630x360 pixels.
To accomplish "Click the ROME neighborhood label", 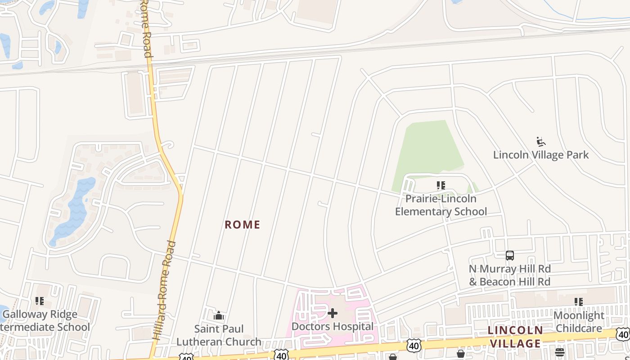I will click(243, 225).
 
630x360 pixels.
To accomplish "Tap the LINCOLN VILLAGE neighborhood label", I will click(515, 337).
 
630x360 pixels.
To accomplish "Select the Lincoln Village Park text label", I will click(541, 155).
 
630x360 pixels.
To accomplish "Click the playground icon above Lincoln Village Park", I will click(541, 142).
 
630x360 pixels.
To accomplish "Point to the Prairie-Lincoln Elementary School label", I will click(441, 205).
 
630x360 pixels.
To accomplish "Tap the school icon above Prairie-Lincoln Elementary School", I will click(441, 185).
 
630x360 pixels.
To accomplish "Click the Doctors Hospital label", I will click(333, 326).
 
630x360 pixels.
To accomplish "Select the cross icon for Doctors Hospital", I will click(333, 313).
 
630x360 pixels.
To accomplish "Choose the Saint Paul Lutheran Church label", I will click(219, 335).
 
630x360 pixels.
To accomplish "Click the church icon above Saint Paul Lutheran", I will click(219, 315).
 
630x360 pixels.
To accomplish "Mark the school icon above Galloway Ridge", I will click(40, 301).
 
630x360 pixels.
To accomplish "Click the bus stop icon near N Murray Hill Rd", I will click(509, 256).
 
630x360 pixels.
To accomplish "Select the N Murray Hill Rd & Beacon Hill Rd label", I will click(509, 275).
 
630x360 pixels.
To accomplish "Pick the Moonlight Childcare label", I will click(578, 322).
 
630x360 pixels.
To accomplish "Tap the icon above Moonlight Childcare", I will click(578, 302).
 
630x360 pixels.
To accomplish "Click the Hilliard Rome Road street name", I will click(165, 290).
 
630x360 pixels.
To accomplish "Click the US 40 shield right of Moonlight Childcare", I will click(623, 334).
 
